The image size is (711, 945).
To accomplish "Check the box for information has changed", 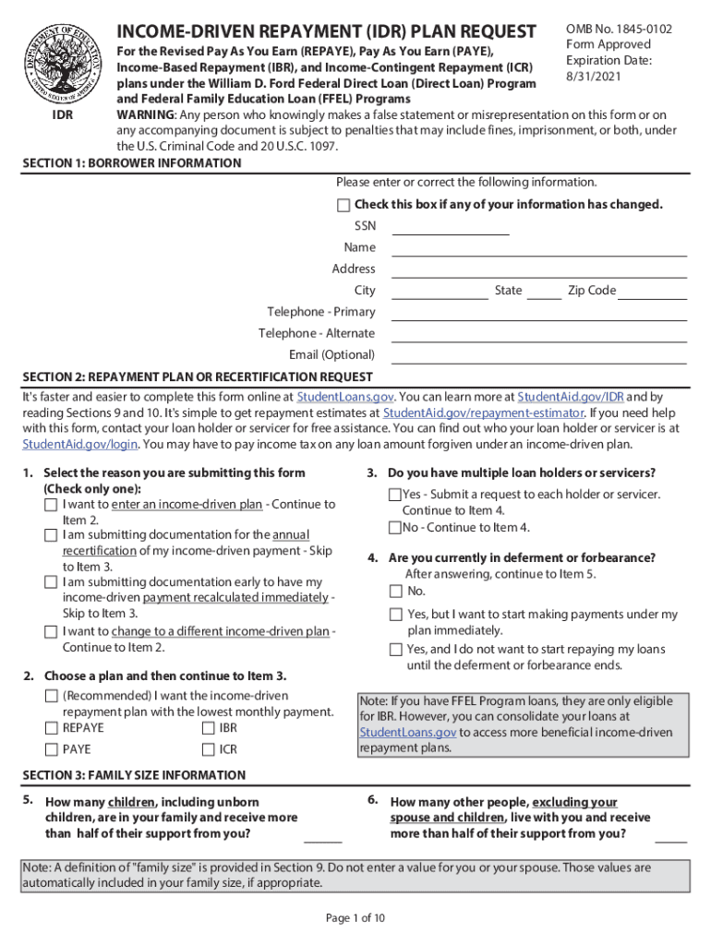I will tap(343, 205).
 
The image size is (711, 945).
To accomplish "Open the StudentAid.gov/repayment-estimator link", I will tap(483, 413).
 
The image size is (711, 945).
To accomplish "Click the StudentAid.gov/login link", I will tap(80, 444).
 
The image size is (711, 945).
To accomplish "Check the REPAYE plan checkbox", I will tap(51, 728).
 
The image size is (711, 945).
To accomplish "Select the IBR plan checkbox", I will tap(208, 728).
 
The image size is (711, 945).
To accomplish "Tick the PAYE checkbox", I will tap(51, 750).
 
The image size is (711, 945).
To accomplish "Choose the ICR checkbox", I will tap(208, 750).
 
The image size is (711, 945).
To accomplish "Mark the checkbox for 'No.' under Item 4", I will tap(396, 592).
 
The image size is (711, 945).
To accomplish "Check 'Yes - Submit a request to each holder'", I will tap(395, 496).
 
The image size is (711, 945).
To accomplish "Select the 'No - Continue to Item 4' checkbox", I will tap(395, 528).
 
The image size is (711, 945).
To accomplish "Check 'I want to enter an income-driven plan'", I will tap(51, 505).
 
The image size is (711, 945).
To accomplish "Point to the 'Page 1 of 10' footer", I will tap(355, 918).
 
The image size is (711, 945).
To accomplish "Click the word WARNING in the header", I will tap(144, 114).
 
